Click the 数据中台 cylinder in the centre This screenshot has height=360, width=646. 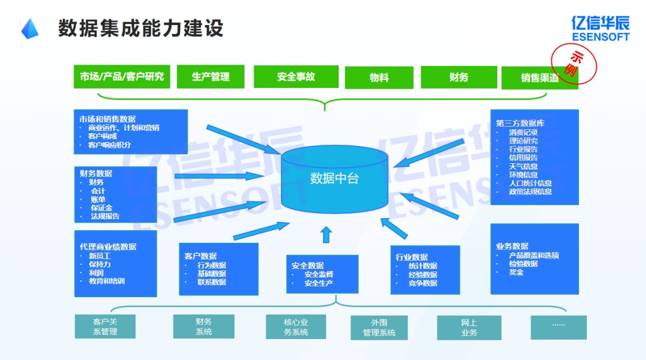334,179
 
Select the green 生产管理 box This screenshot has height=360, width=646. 211,77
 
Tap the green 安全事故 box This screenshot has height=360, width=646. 296,77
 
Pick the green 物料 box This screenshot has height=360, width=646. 379,78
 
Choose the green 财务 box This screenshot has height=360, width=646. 459,77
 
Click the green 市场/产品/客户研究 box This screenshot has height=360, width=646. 122,77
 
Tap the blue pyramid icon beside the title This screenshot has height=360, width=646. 30,29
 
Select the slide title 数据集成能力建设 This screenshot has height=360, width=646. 141,28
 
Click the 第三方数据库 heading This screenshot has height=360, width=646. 520,123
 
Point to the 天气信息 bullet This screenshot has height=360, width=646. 523,166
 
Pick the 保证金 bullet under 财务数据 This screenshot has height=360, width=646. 101,208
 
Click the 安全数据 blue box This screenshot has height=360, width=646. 322,274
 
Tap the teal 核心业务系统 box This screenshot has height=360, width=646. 296,327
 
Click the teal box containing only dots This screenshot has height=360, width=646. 559,327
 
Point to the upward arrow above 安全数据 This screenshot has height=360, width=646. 326,234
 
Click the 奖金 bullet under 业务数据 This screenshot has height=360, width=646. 516,272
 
